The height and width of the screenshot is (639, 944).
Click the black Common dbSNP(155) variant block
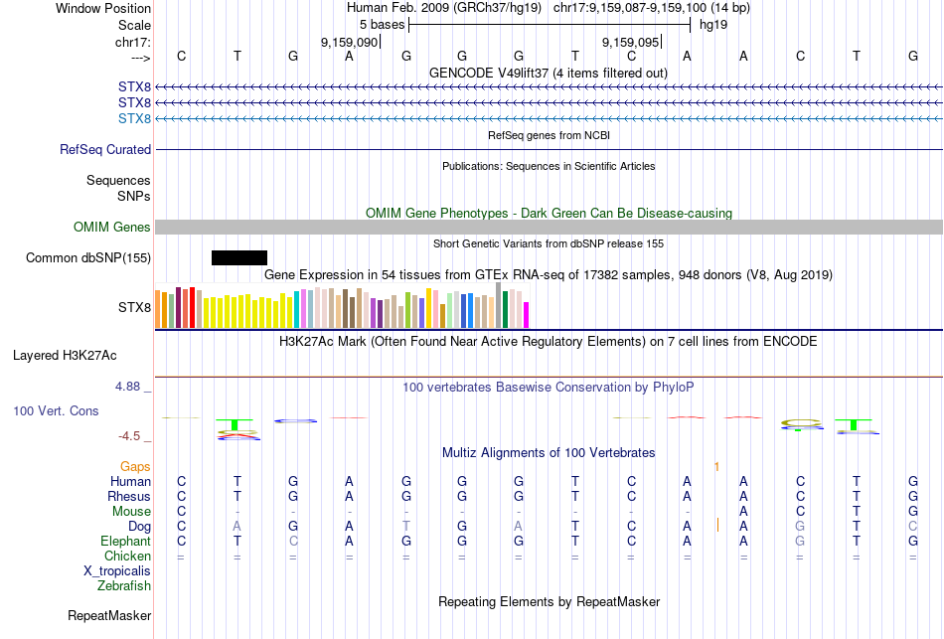(x=239, y=258)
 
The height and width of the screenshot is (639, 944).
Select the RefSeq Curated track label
(x=105, y=150)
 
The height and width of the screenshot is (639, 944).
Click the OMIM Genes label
(x=112, y=228)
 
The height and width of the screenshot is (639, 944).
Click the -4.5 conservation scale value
(x=134, y=436)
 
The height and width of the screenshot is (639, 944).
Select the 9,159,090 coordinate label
(x=350, y=43)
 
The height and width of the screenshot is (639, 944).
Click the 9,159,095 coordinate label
(x=631, y=43)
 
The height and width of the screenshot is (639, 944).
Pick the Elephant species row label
(x=126, y=542)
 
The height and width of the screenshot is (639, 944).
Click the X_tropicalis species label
(x=117, y=571)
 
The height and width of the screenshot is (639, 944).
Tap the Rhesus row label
(x=130, y=497)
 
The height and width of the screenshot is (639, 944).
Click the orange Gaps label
(x=135, y=466)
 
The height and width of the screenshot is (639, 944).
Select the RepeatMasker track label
(x=109, y=616)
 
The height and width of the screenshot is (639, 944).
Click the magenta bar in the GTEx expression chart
(x=527, y=314)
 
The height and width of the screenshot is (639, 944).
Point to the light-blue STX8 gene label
(x=134, y=119)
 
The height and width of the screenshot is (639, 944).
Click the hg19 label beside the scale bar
(x=713, y=24)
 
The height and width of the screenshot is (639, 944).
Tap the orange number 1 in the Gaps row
(x=716, y=466)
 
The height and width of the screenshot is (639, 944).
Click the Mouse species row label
(x=132, y=512)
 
